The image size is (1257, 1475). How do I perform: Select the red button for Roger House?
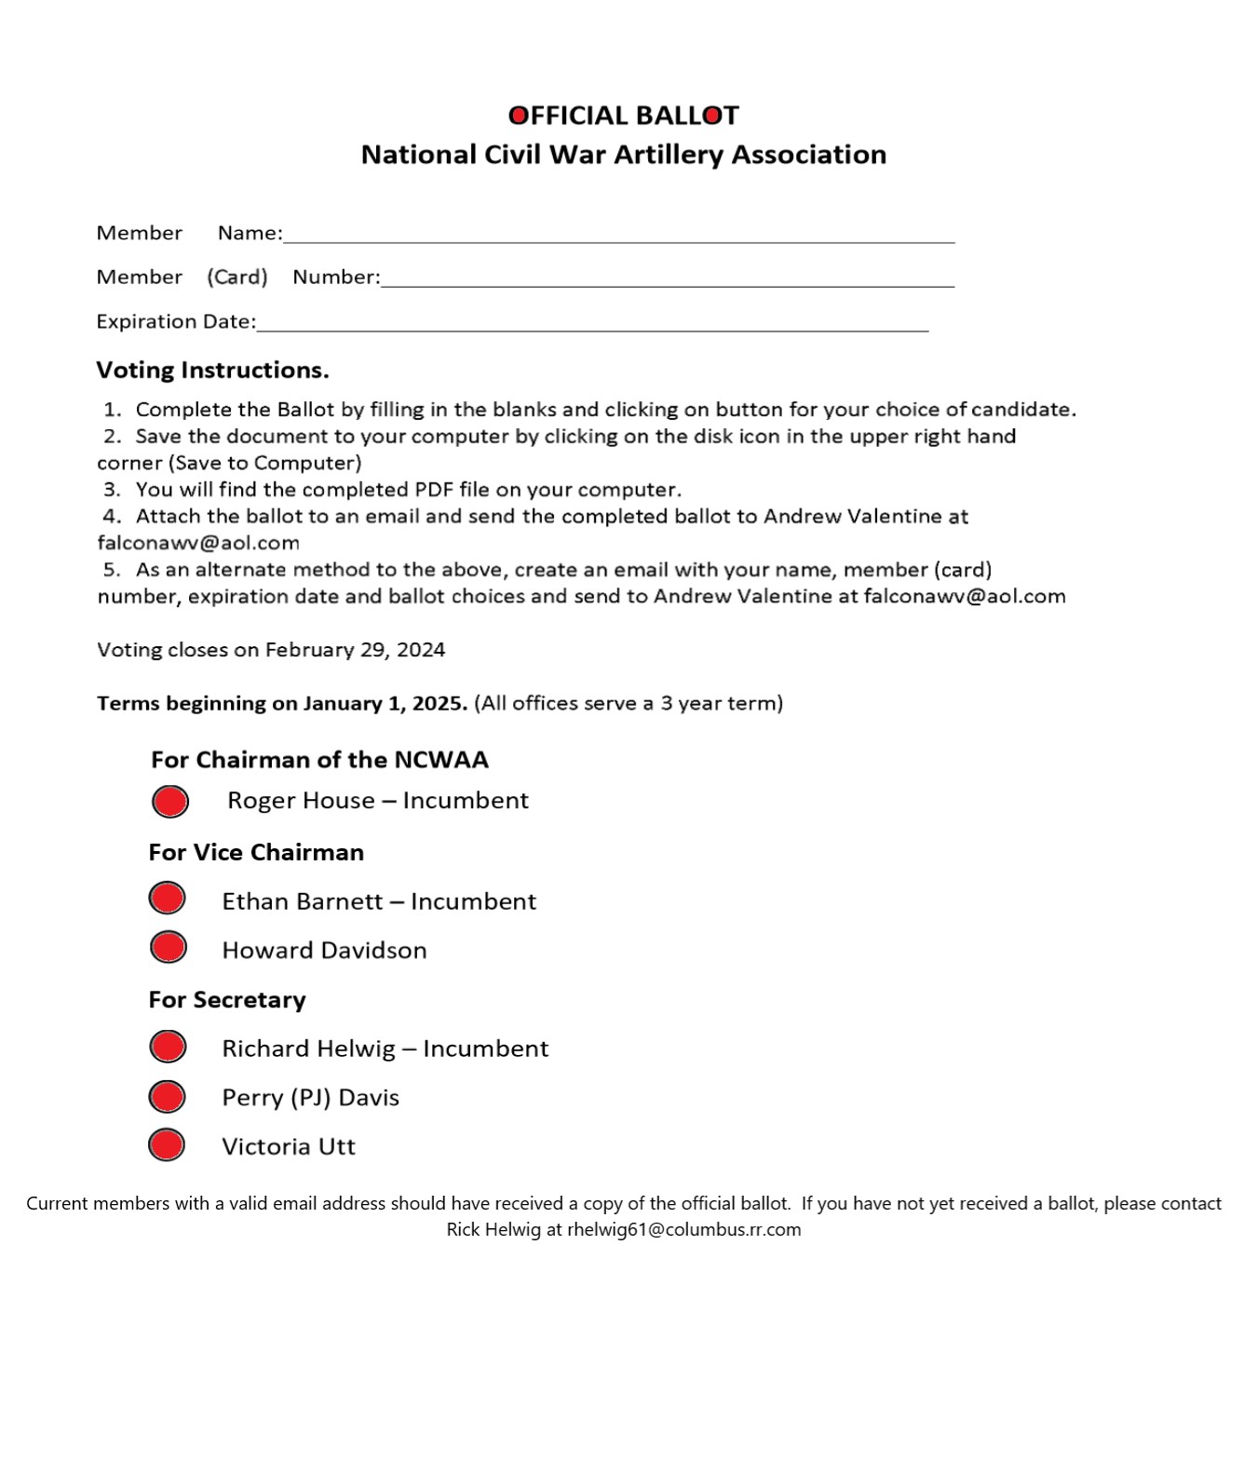(170, 802)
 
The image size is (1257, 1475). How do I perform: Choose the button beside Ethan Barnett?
(168, 899)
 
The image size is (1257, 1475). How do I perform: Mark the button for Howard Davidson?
(169, 947)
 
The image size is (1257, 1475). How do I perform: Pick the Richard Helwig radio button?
(168, 1047)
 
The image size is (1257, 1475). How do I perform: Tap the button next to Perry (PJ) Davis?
(168, 1097)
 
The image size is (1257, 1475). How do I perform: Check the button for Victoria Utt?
(167, 1145)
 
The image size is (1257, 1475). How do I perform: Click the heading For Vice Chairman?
(256, 853)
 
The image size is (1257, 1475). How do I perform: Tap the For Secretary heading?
(227, 1000)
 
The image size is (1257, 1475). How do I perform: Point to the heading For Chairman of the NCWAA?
(319, 760)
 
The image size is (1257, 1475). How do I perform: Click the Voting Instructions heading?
(212, 371)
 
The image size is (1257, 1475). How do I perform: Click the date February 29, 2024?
(355, 650)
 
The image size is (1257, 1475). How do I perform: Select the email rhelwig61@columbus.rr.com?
(683, 1230)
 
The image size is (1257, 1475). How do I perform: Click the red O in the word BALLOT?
(712, 115)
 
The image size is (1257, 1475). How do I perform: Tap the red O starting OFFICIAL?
(518, 115)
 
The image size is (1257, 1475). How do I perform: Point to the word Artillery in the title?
(669, 155)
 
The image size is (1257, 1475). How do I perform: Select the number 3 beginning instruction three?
(111, 490)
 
